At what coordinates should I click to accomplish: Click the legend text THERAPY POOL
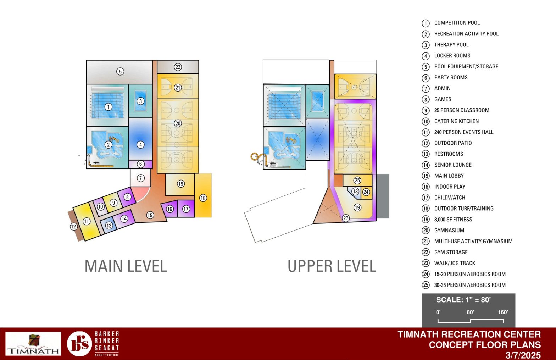(451, 45)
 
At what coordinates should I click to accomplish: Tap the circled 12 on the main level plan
(73, 226)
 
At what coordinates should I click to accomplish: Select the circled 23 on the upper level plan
(346, 218)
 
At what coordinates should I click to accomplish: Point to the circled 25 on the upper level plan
(357, 180)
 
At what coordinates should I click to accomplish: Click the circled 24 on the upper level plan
(366, 192)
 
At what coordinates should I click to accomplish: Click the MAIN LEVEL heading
(126, 266)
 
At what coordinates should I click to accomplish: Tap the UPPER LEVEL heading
(332, 266)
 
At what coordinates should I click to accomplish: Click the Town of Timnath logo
(33, 344)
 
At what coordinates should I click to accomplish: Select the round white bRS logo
(79, 344)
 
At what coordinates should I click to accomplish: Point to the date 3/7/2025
(523, 355)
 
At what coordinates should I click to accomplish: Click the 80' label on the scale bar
(470, 312)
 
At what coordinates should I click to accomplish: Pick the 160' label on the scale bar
(503, 312)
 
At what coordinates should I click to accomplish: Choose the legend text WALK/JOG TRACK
(455, 263)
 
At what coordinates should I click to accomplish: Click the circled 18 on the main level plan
(203, 198)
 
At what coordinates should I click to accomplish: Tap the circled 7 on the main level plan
(141, 178)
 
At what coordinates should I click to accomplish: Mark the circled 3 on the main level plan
(140, 101)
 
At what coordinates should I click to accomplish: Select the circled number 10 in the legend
(426, 121)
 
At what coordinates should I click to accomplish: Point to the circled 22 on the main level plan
(178, 67)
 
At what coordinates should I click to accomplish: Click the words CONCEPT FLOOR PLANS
(485, 345)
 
